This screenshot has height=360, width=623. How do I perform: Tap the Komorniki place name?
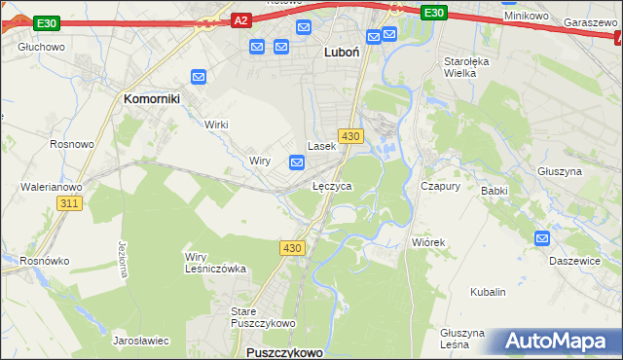[154, 98]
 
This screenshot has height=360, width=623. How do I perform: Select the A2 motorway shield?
[242, 18]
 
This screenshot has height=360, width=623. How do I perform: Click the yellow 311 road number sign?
[68, 202]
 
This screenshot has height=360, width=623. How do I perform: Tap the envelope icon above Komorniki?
[199, 76]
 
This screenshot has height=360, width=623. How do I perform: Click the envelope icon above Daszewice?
[542, 237]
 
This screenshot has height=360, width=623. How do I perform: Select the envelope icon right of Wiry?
[298, 162]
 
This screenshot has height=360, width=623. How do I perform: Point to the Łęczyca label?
[332, 185]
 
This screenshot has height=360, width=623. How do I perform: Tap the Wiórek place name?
[427, 242]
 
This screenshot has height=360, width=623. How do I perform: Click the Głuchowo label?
[41, 46]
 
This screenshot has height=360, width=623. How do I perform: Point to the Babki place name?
[495, 191]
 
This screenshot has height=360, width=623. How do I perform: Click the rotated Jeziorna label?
[123, 257]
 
